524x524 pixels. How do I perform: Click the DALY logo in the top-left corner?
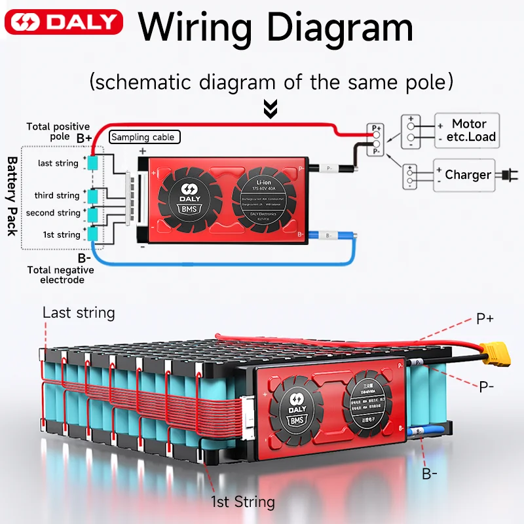pos(64,23)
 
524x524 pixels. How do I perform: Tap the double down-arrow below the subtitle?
pos(270,109)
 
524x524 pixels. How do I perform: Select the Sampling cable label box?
pos(143,137)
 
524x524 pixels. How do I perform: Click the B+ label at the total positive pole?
pos(84,138)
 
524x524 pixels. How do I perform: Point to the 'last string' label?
pos(58,163)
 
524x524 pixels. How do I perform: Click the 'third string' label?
pos(57,195)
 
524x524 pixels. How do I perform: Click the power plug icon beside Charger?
pos(505,175)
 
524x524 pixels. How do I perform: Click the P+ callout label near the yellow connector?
pos(485,319)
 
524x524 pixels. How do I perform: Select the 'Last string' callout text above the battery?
pos(79,312)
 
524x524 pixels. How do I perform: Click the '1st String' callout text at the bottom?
pos(242,502)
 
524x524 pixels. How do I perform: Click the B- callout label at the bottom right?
pos(430,473)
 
